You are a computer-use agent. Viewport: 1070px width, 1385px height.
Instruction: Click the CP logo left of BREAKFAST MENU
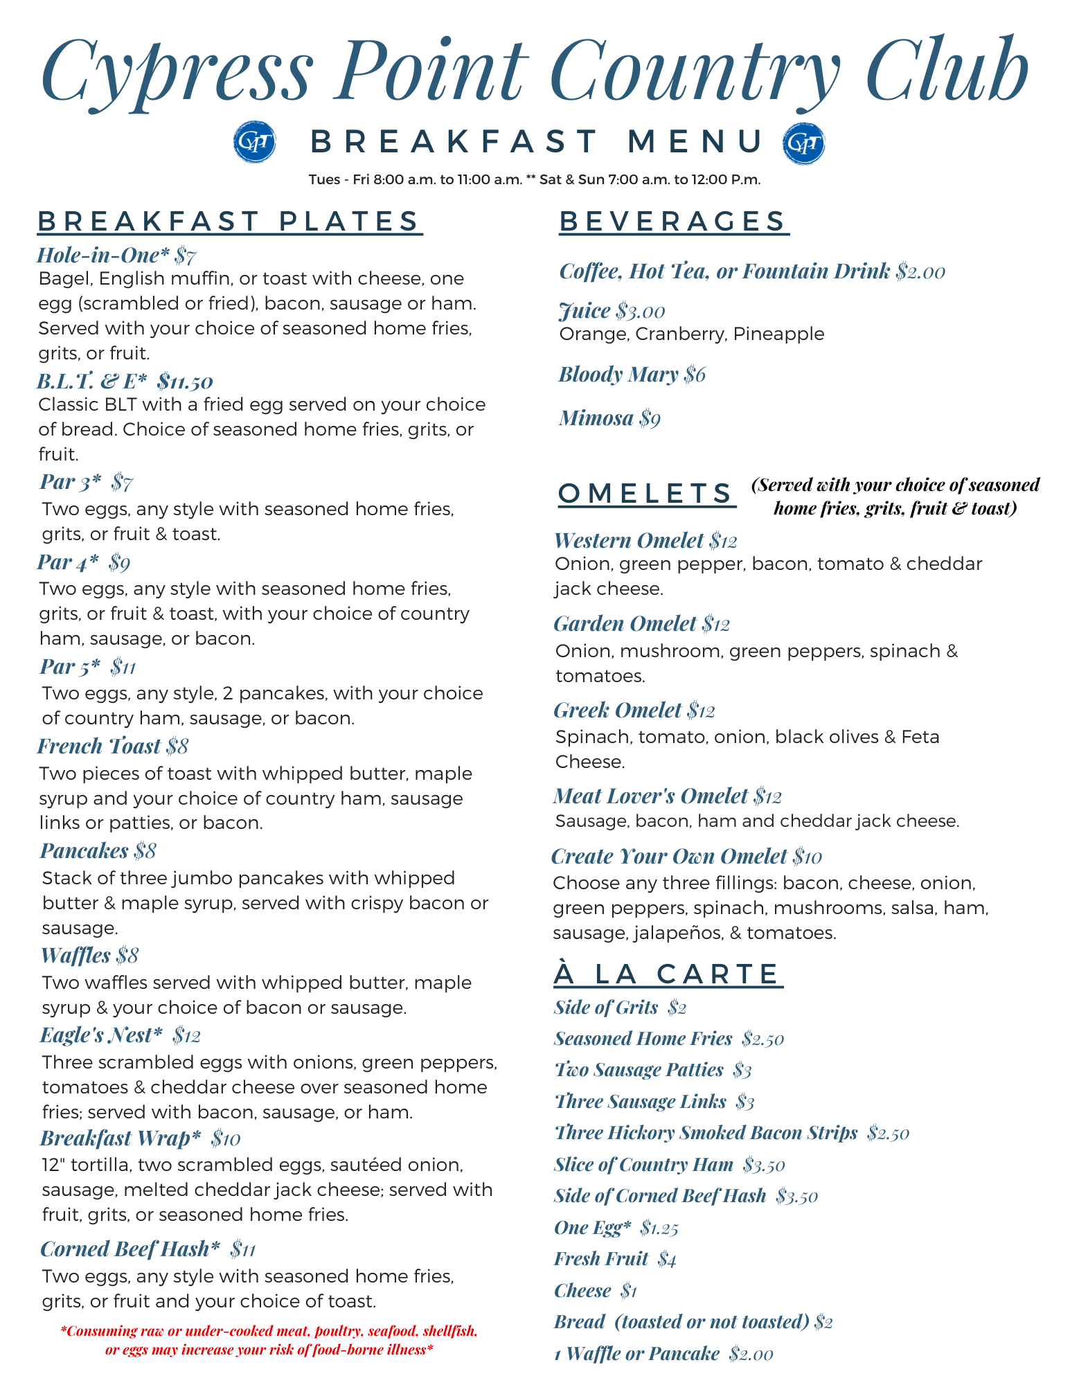pyautogui.click(x=255, y=143)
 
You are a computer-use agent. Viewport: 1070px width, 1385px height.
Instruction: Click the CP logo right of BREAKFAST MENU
pyautogui.click(x=803, y=143)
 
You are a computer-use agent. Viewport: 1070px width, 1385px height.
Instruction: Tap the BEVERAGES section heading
pyautogui.click(x=673, y=222)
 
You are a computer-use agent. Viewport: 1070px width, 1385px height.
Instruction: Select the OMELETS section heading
pyautogui.click(x=645, y=494)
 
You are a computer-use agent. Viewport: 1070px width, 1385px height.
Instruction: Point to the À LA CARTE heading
pyautogui.click(x=668, y=974)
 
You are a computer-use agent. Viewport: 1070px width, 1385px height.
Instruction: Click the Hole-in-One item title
pyautogui.click(x=102, y=256)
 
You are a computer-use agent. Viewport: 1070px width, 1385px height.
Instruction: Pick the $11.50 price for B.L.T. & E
pyautogui.click(x=185, y=382)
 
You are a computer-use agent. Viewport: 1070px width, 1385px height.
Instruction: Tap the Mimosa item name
pyautogui.click(x=596, y=418)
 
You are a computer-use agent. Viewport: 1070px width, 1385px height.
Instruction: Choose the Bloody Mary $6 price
pyautogui.click(x=695, y=375)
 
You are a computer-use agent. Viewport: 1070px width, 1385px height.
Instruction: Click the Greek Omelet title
pyautogui.click(x=617, y=711)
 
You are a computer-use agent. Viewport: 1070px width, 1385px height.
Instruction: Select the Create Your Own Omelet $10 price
pyautogui.click(x=808, y=857)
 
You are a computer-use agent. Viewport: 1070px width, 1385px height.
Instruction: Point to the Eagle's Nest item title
pyautogui.click(x=101, y=1035)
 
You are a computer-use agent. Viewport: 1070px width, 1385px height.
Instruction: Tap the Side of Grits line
pyautogui.click(x=619, y=1008)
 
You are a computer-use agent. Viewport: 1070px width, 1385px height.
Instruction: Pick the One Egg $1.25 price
pyautogui.click(x=659, y=1228)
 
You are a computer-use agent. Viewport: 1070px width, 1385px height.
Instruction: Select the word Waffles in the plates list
pyautogui.click(x=75, y=956)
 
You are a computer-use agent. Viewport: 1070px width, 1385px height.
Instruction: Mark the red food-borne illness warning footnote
pyautogui.click(x=269, y=1340)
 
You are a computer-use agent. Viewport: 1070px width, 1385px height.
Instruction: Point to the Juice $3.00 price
pyautogui.click(x=641, y=312)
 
